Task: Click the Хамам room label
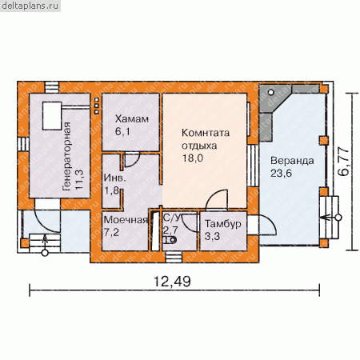pyautogui.click(x=132, y=119)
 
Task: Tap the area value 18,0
pyautogui.click(x=193, y=158)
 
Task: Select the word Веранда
pyautogui.click(x=292, y=161)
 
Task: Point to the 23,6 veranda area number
pyautogui.click(x=281, y=174)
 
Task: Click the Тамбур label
pyautogui.click(x=223, y=224)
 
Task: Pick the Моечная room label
pyautogui.click(x=126, y=220)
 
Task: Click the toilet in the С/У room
pyautogui.click(x=170, y=240)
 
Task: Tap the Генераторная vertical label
pyautogui.click(x=66, y=157)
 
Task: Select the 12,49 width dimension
pyautogui.click(x=172, y=282)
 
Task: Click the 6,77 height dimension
pyautogui.click(x=343, y=162)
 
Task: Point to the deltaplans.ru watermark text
pyautogui.click(x=30, y=6)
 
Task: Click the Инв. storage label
pyautogui.click(x=114, y=178)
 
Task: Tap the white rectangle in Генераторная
pyautogui.click(x=52, y=116)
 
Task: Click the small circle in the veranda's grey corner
pyautogui.click(x=271, y=92)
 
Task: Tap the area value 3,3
pyautogui.click(x=212, y=236)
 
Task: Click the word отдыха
pyautogui.click(x=199, y=146)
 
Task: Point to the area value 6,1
pyautogui.click(x=122, y=131)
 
